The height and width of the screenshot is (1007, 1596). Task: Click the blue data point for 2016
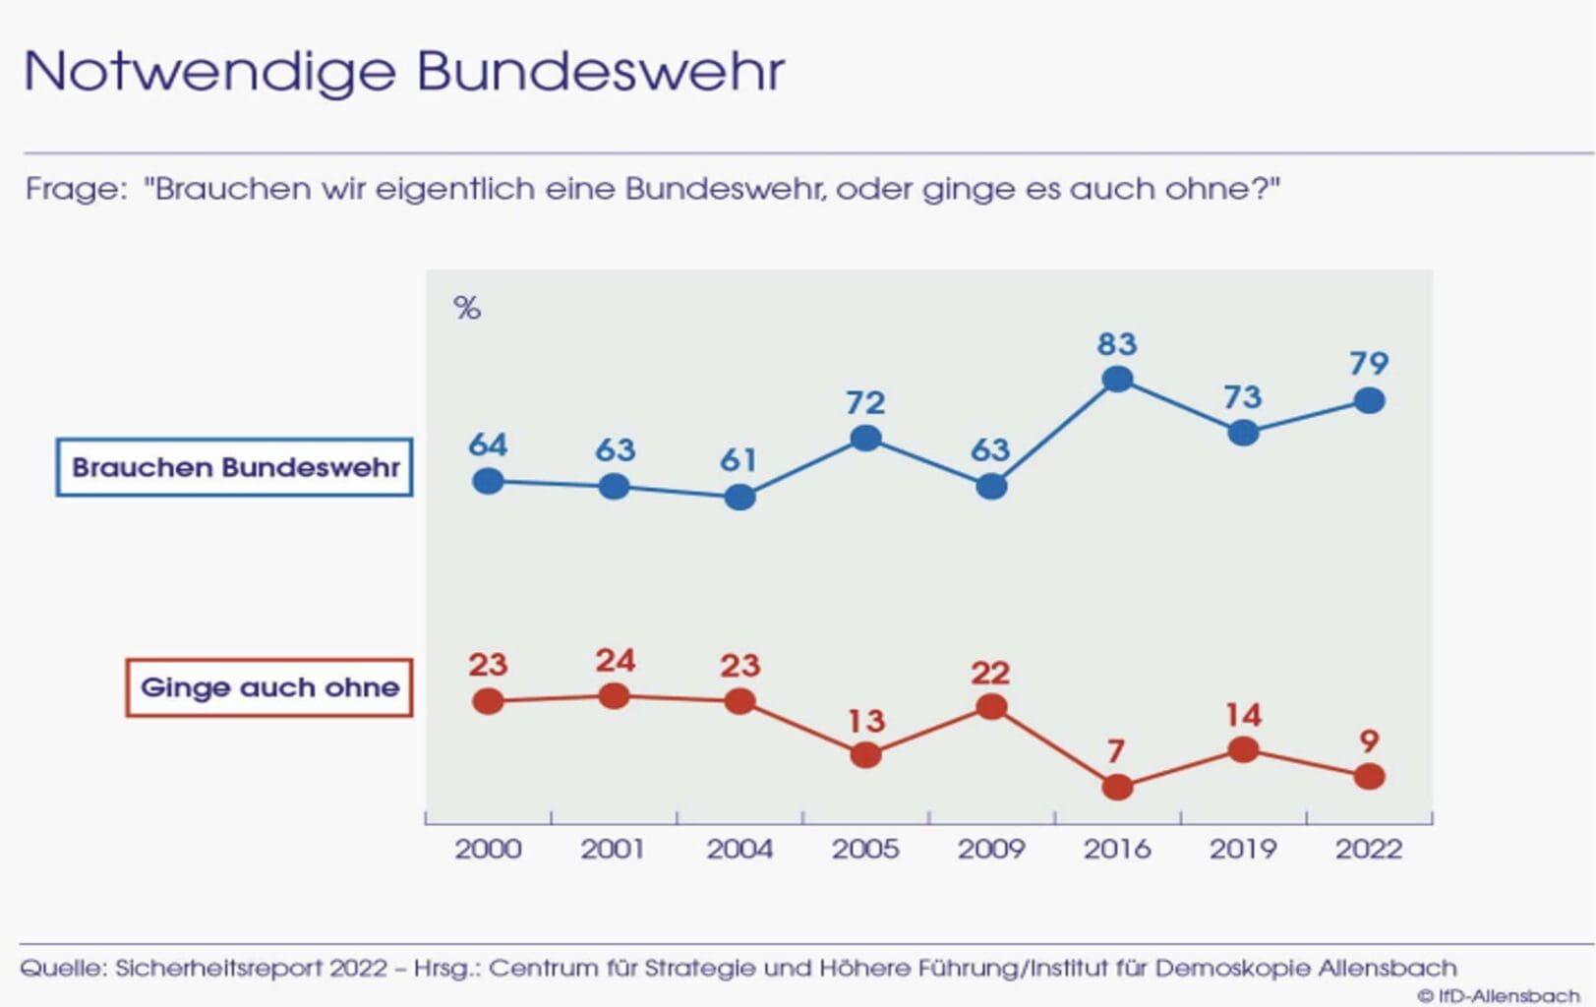point(1117,379)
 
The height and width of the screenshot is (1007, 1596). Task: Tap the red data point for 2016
point(1117,787)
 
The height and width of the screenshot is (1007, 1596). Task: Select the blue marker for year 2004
point(739,497)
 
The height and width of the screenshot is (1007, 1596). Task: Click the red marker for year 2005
point(865,754)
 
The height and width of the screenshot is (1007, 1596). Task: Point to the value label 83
point(1117,344)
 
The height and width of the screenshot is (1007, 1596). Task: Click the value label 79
point(1369,364)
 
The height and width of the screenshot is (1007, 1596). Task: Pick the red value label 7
point(1115,752)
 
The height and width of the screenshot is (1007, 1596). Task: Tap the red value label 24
point(615,660)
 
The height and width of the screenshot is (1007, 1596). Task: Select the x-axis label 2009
point(991,849)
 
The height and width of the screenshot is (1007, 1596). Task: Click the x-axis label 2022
point(1369,849)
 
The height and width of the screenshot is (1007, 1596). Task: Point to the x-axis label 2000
point(488,849)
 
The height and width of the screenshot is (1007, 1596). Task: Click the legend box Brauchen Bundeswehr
point(234,467)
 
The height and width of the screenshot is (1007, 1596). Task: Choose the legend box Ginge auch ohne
point(268,687)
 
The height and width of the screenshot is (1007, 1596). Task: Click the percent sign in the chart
point(467,308)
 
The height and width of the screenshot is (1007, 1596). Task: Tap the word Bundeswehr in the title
point(600,71)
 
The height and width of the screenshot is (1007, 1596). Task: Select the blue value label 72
point(865,402)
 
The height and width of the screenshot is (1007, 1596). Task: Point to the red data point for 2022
point(1369,776)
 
